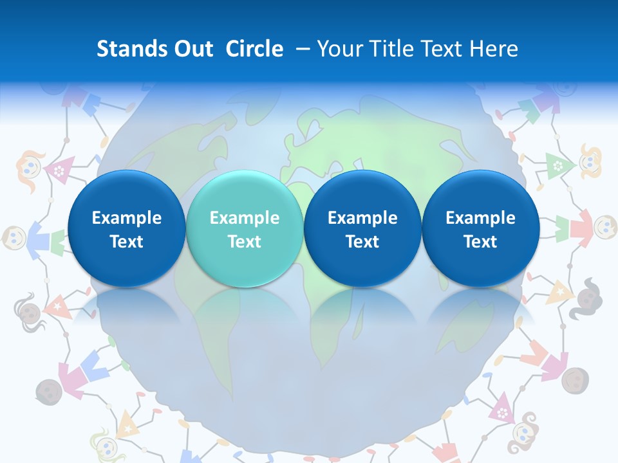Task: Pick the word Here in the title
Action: pyautogui.click(x=495, y=49)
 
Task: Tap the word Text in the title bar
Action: pyautogui.click(x=444, y=49)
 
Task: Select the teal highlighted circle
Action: pyautogui.click(x=245, y=228)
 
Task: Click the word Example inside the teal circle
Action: pyautogui.click(x=245, y=218)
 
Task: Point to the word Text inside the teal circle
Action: pyautogui.click(x=245, y=242)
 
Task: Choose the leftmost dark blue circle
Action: pyautogui.click(x=126, y=228)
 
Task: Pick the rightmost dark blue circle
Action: pyautogui.click(x=481, y=228)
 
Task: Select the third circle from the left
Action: pyautogui.click(x=362, y=228)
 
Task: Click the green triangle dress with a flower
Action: pyautogui.click(x=556, y=166)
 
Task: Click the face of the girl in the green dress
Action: pyautogui.click(x=590, y=161)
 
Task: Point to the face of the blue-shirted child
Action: pyautogui.click(x=14, y=238)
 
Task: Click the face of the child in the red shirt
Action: pyautogui.click(x=605, y=225)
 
